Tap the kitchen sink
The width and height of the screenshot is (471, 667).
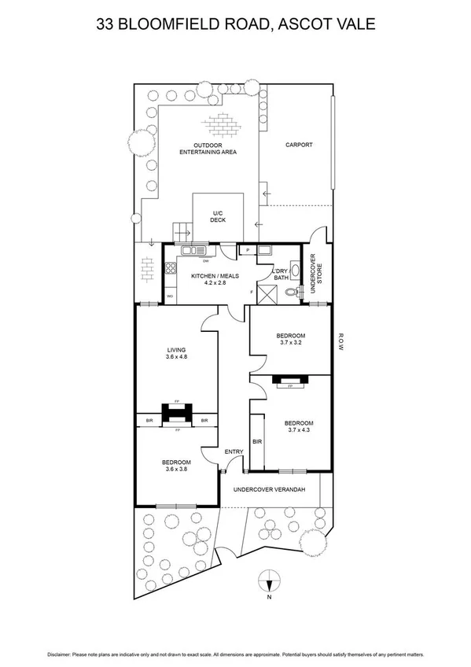(190, 251)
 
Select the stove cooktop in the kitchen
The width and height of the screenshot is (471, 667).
(169, 269)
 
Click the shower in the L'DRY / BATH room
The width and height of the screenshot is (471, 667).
(269, 294)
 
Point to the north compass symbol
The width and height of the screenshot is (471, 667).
(269, 584)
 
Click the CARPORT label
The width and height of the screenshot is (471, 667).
(299, 145)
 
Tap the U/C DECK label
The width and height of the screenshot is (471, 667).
(218, 216)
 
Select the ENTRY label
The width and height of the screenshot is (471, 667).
(234, 451)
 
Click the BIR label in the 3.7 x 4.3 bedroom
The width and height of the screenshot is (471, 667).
(256, 442)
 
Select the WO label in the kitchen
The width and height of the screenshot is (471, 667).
(170, 297)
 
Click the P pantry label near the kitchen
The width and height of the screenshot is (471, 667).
(248, 250)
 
